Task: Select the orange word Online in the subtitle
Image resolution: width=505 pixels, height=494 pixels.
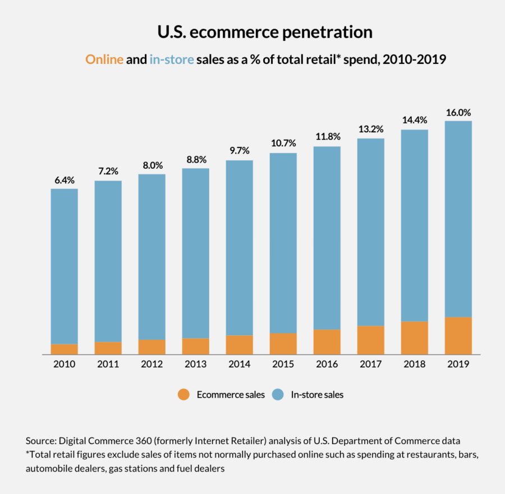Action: [x=104, y=59]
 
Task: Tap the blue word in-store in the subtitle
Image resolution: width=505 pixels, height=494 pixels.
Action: [x=172, y=59]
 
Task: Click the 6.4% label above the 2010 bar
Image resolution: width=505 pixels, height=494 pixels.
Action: [x=65, y=180]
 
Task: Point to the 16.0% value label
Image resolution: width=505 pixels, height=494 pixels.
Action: [x=458, y=112]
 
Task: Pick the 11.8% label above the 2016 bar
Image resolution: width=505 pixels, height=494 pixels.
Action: [x=327, y=137]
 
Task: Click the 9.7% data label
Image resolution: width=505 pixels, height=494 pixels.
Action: [x=240, y=151]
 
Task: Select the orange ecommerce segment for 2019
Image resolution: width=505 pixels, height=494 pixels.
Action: [x=458, y=335]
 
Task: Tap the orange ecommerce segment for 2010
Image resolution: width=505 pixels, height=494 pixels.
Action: [x=65, y=349]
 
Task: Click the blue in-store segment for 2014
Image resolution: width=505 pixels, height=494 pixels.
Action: [x=240, y=247]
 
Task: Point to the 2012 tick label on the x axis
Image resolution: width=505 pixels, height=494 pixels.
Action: [x=151, y=364]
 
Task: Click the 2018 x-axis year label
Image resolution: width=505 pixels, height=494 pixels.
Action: [x=415, y=364]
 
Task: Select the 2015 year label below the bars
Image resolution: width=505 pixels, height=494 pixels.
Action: [x=283, y=364]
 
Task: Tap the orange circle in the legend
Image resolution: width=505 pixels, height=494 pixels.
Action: [x=183, y=394]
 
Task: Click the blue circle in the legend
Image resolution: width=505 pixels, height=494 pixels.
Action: [x=277, y=394]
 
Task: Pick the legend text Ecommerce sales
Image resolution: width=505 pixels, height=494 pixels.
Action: [x=231, y=395]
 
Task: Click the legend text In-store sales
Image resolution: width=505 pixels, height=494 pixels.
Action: [x=317, y=395]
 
